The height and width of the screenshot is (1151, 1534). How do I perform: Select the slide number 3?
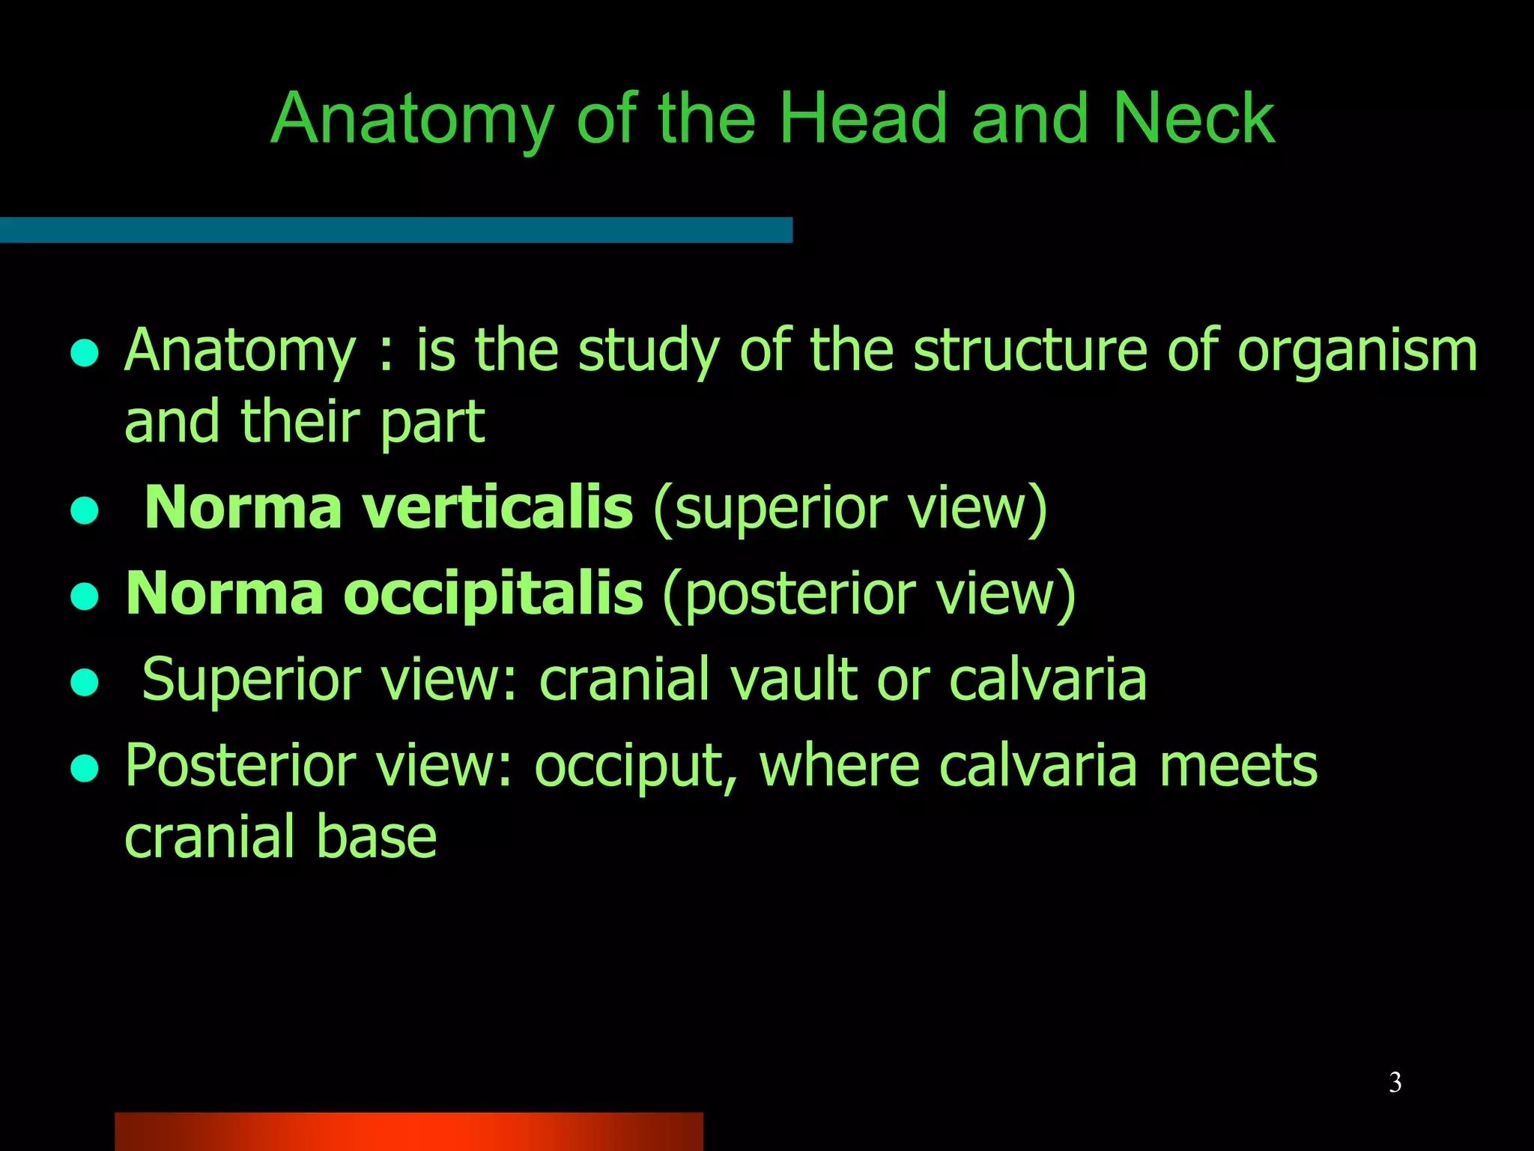click(1395, 1082)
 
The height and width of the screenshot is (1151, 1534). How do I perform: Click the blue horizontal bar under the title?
click(395, 229)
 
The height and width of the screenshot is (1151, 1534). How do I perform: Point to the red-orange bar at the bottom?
click(408, 1131)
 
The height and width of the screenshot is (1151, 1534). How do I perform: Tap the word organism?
click(1357, 351)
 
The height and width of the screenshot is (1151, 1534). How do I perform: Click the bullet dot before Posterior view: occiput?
click(85, 768)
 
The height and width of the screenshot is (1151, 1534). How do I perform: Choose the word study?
click(649, 351)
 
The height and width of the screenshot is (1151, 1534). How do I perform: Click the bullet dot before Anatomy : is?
click(85, 352)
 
